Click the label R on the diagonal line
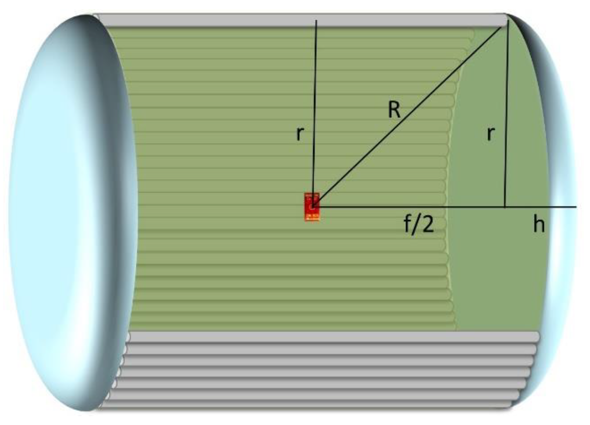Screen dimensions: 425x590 [394, 110]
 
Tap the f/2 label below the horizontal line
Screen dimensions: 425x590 [419, 225]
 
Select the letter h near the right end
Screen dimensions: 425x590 [539, 225]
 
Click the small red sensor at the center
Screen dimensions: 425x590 [312, 207]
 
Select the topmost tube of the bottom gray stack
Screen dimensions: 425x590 [327, 337]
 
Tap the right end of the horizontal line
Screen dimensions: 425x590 [575, 207]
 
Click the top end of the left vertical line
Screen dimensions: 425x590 [316, 21]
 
